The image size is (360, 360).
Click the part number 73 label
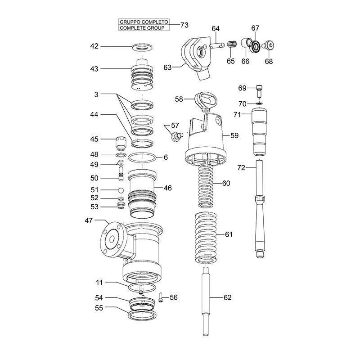[x=184, y=25]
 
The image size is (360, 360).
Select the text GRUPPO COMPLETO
[x=144, y=22]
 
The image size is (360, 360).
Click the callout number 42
[x=94, y=46]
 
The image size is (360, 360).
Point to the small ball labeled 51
[x=121, y=190]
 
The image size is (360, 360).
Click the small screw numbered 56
[x=161, y=297]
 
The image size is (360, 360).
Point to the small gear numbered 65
[x=232, y=45]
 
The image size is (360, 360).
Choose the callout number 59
[x=234, y=135]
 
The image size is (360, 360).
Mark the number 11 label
[x=99, y=283]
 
